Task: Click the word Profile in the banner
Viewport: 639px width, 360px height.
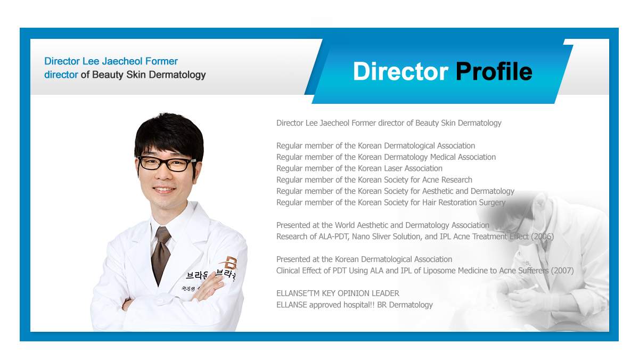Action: click(494, 71)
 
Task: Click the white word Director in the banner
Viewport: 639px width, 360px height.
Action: click(400, 71)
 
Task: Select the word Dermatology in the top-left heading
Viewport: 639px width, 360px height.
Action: click(177, 75)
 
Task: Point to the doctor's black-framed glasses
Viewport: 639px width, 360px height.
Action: click(166, 163)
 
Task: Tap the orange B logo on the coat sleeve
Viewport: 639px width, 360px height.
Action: click(229, 263)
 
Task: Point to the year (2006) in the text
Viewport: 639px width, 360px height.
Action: click(542, 236)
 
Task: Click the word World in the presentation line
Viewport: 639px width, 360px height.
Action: click(345, 225)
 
